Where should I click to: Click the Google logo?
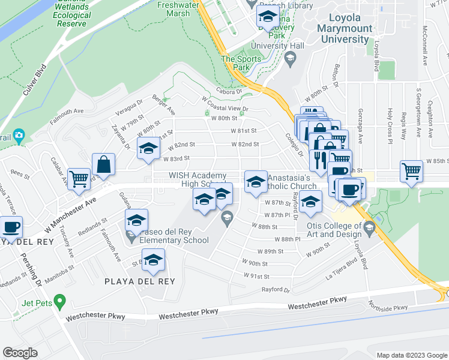coord(20,353)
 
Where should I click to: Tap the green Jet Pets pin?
coord(59,299)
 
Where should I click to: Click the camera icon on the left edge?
coord(19,136)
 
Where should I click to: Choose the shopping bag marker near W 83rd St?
coord(103,165)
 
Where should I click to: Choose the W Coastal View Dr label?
coord(225,109)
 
